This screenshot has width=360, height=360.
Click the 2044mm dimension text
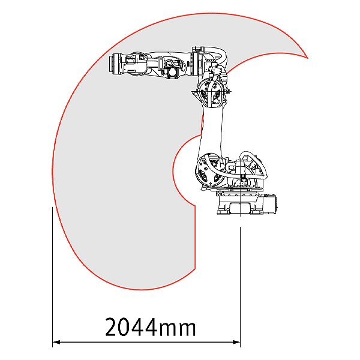point(151,327)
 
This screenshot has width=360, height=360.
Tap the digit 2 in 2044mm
point(112,327)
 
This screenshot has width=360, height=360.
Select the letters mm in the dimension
point(178,329)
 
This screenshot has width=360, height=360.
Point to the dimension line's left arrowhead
point(56,342)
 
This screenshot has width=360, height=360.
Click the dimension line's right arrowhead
point(236,342)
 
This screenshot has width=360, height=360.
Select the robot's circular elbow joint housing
point(211,92)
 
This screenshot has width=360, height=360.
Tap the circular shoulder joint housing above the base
point(209,169)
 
